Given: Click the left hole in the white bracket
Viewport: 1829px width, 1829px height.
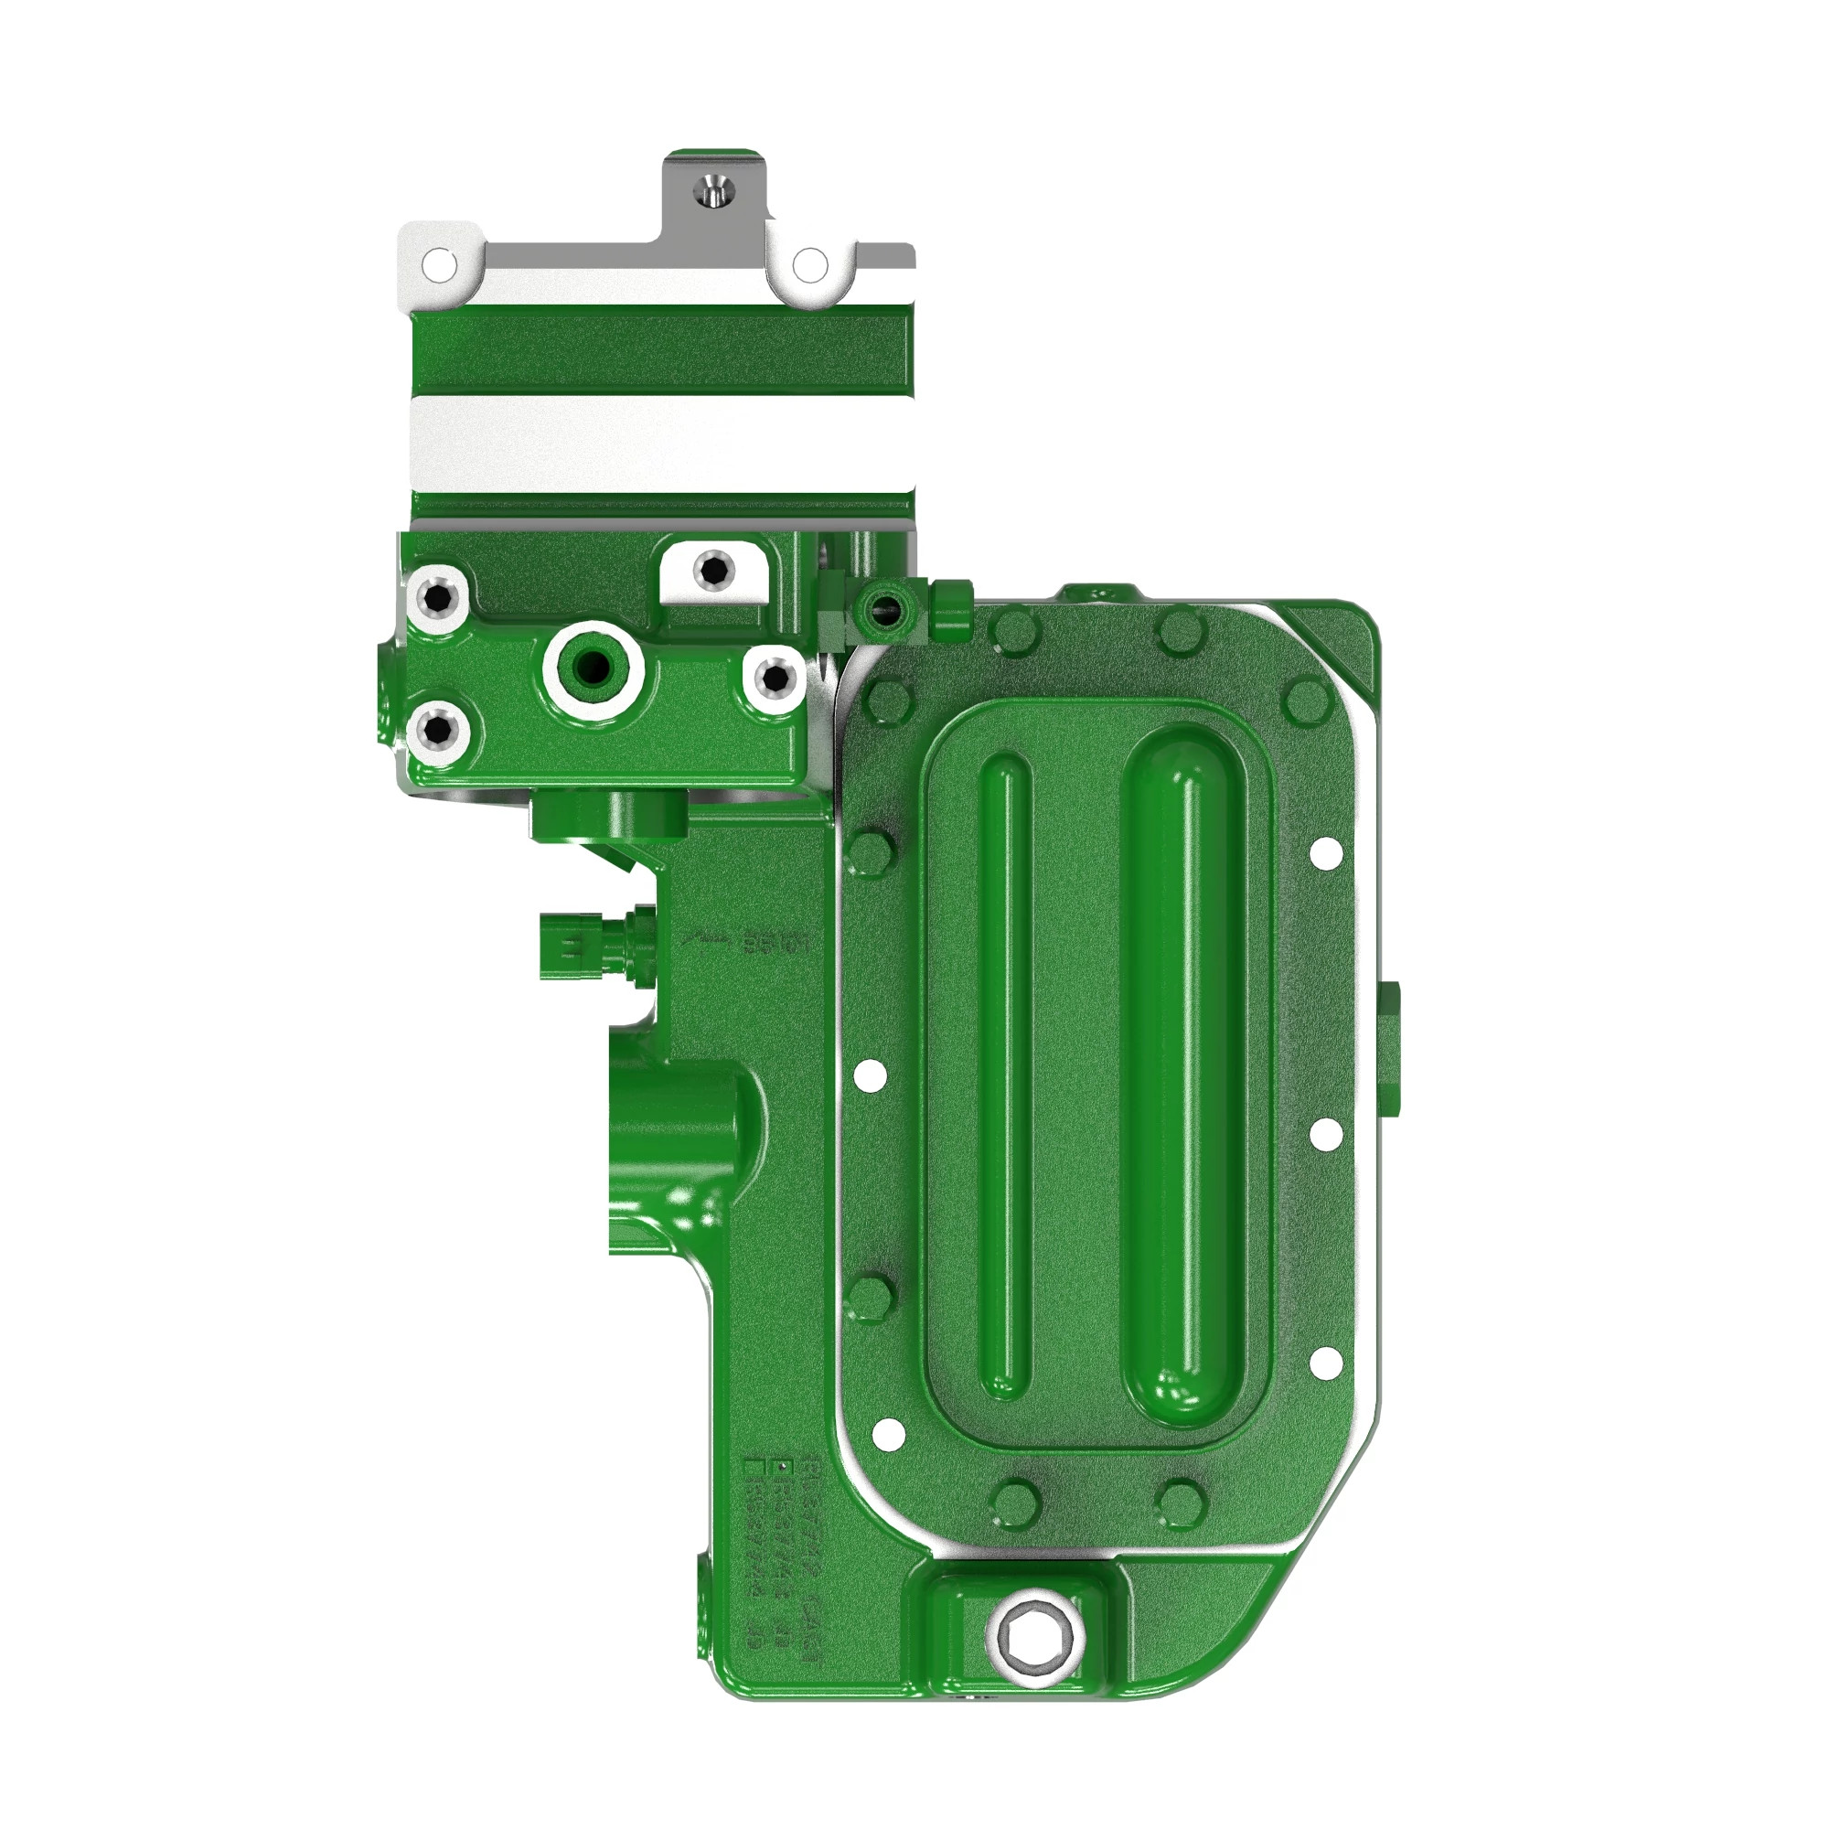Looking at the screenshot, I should pyautogui.click(x=437, y=264).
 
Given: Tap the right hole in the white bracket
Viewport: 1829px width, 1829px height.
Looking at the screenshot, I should pyautogui.click(x=808, y=265).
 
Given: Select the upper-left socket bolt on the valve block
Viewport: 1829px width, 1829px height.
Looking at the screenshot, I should pyautogui.click(x=438, y=597).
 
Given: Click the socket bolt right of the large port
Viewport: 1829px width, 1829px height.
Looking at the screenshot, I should pyautogui.click(x=775, y=675).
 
